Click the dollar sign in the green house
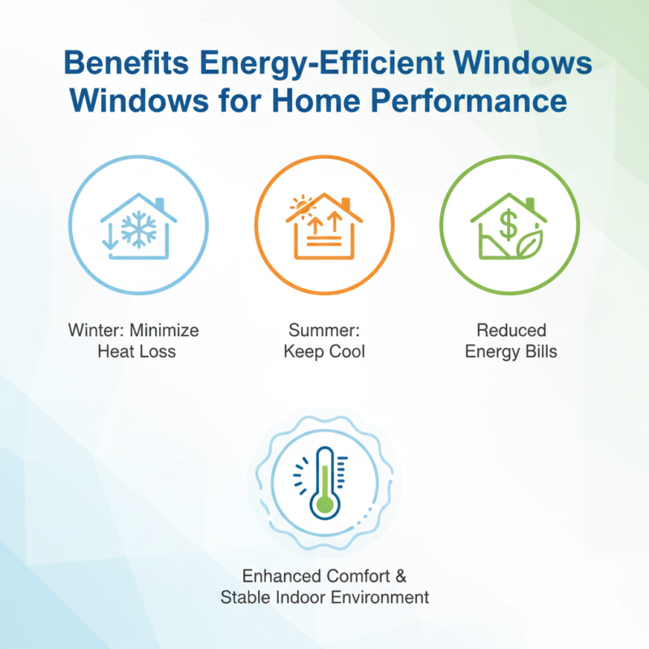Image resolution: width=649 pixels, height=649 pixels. click(508, 226)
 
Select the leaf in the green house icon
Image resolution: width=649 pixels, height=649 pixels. click(530, 243)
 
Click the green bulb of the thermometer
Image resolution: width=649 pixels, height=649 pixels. click(324, 505)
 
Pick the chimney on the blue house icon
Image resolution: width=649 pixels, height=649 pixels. click(160, 204)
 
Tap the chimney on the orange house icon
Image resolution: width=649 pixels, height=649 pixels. click(346, 203)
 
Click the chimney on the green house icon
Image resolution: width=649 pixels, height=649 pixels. click(531, 203)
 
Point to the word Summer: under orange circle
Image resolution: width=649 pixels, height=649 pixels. click(324, 331)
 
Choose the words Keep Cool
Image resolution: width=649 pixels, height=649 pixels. click(324, 352)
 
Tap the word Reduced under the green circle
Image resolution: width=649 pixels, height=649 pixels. click(511, 331)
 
